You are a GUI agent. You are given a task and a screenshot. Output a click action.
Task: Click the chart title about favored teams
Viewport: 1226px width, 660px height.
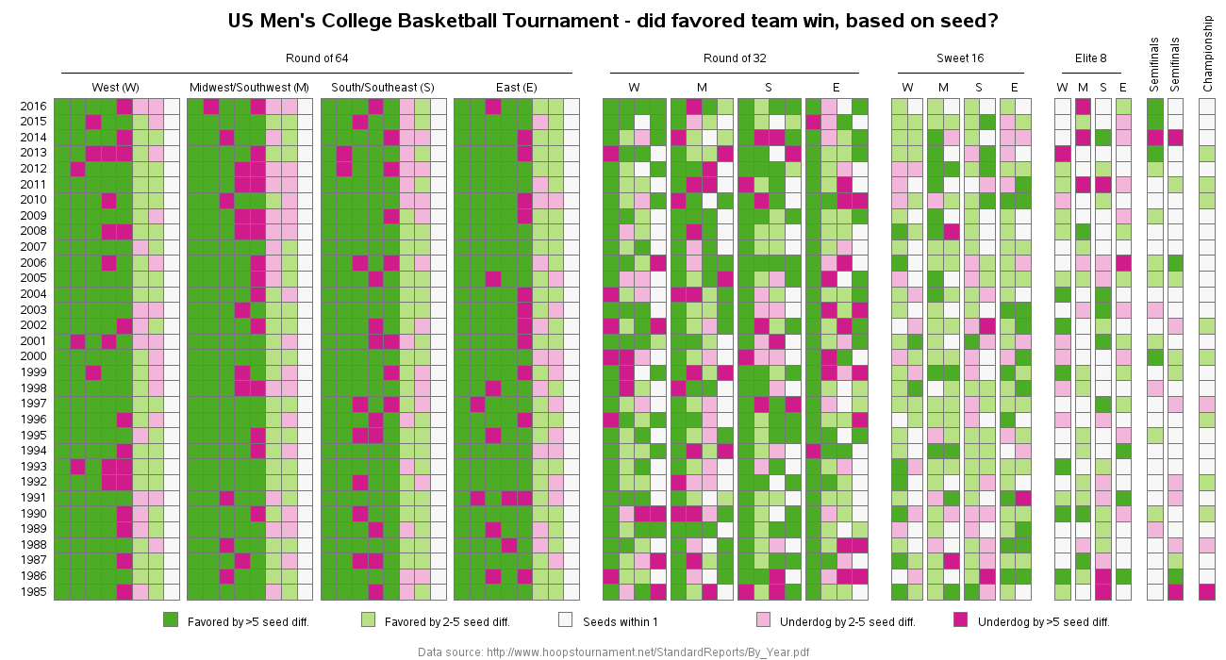614,21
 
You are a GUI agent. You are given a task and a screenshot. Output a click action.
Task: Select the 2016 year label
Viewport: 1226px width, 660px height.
32,106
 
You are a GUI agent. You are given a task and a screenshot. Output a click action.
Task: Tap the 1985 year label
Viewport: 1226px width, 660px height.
32,592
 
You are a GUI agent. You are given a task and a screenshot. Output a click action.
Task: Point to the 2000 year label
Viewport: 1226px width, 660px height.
32,357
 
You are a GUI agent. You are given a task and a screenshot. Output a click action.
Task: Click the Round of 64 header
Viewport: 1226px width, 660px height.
317,58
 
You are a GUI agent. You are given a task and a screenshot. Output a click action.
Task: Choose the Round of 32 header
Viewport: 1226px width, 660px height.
735,58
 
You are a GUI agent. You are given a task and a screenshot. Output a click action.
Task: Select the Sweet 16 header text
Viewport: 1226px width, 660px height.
960,58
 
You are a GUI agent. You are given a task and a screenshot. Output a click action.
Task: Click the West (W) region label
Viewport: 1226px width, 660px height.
116,88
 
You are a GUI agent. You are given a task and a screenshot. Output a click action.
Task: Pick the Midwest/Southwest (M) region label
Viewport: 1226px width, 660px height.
249,88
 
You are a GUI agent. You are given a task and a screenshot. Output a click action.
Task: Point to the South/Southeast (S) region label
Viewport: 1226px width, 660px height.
383,88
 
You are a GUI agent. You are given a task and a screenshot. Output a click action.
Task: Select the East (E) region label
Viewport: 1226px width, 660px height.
516,88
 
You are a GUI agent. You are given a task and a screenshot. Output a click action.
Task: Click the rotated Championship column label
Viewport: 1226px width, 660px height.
1207,54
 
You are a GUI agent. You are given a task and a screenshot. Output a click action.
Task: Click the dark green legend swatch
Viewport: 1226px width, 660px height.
171,619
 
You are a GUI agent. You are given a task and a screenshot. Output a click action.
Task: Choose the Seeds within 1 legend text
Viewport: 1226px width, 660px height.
626,622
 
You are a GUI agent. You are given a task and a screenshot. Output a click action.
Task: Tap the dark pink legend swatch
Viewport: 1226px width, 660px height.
961,619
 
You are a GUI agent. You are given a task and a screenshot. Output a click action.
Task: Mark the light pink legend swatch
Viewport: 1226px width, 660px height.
764,619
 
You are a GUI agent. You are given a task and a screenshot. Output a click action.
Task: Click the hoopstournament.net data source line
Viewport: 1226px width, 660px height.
613,652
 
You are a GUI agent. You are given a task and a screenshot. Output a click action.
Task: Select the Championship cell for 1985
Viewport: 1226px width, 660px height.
1207,592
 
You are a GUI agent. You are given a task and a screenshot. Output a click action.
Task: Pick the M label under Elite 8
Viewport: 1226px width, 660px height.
1083,88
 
